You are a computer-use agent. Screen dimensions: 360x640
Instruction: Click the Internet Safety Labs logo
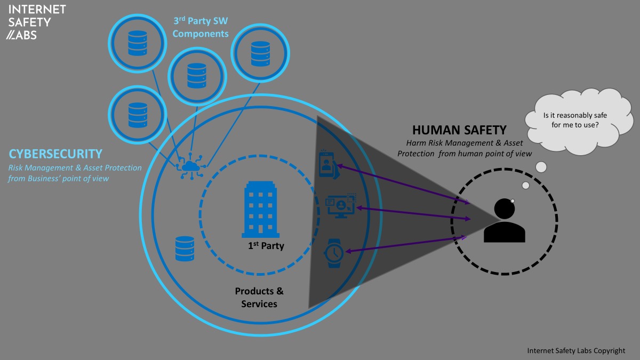tap(37, 22)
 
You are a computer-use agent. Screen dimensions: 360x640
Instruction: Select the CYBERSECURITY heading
tap(55, 154)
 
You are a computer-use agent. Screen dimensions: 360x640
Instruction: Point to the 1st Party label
tap(266, 246)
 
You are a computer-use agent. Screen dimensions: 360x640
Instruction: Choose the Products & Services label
tap(259, 298)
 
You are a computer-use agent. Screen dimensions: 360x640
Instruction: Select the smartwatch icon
tap(334, 253)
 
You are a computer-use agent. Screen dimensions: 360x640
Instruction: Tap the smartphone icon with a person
tap(326, 163)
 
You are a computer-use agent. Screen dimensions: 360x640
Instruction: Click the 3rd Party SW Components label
tap(201, 28)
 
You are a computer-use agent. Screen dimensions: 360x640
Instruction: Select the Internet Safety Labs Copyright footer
tap(576, 350)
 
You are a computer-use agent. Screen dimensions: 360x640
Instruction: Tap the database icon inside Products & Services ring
tap(185, 248)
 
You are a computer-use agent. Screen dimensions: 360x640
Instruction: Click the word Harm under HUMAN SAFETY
tap(416, 143)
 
